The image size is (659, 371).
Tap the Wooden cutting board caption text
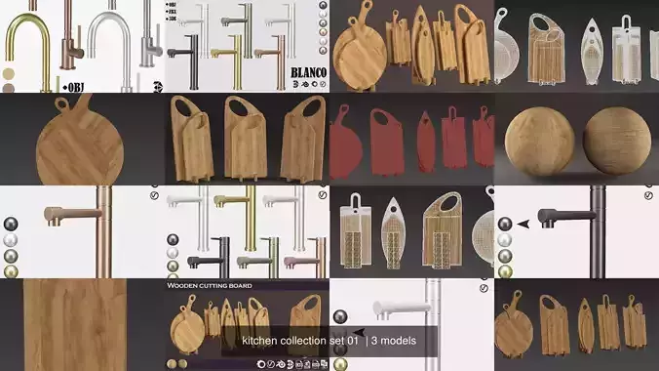211,286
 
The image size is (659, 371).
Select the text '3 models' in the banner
394,341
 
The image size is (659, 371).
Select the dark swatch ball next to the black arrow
505,224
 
